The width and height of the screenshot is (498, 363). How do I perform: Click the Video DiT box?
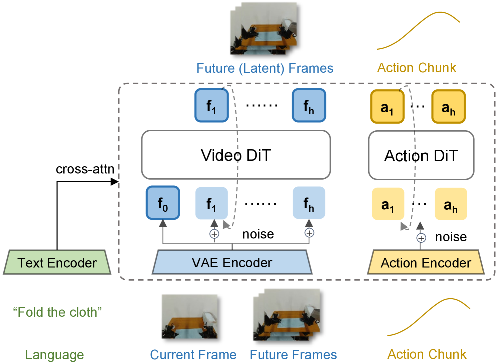(236, 155)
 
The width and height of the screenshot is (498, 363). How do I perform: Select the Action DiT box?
(421, 156)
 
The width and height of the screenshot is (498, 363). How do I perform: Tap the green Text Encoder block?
(57, 263)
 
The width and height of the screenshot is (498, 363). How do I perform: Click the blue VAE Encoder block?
(232, 263)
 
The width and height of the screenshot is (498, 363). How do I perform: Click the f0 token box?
(162, 203)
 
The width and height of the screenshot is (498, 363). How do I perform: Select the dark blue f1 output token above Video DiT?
(211, 106)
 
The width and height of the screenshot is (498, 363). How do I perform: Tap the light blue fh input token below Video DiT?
(309, 203)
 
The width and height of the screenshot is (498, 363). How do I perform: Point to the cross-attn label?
(85, 169)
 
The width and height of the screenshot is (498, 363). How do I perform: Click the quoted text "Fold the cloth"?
(57, 312)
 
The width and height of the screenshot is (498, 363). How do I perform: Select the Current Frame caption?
(193, 355)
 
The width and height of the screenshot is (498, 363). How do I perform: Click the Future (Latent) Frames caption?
(265, 68)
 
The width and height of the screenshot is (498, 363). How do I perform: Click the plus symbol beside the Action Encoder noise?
(421, 238)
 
